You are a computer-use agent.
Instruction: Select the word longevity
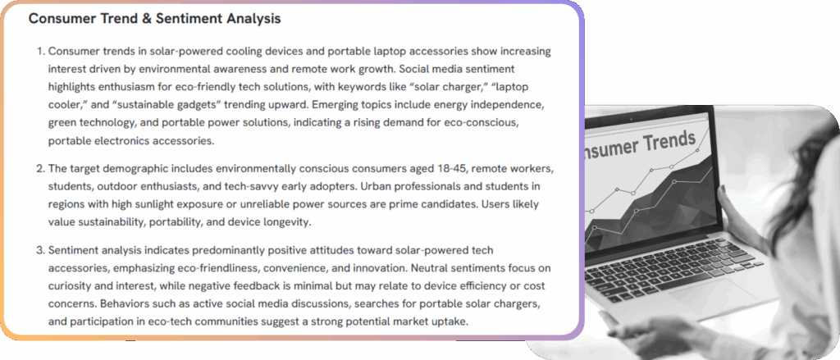pos(287,222)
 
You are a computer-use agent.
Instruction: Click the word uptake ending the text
pos(452,321)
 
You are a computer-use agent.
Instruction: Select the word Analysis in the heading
pos(253,19)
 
